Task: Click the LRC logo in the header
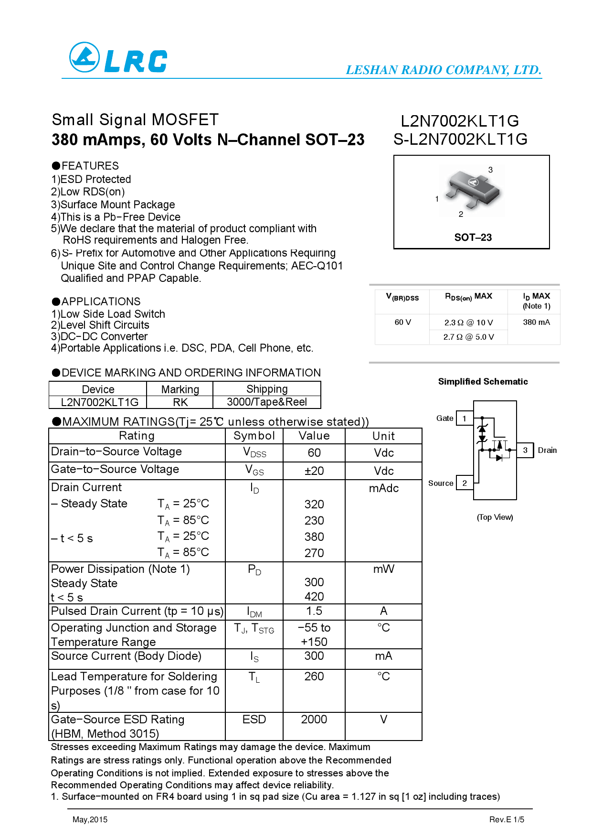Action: (118, 58)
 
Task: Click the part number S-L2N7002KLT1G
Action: (460, 139)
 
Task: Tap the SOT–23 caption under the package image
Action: (473, 237)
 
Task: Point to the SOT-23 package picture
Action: (472, 190)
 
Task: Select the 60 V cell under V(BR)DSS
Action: (402, 322)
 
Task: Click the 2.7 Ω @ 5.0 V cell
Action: (468, 337)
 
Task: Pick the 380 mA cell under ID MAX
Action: (536, 322)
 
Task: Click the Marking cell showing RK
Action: (180, 402)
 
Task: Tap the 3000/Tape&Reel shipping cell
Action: (266, 402)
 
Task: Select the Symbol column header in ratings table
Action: (254, 436)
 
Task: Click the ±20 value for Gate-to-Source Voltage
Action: (314, 471)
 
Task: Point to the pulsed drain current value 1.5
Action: (314, 611)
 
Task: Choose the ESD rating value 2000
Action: (314, 720)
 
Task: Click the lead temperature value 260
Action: (314, 677)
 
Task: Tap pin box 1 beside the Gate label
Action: (464, 419)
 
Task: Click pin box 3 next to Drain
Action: (525, 450)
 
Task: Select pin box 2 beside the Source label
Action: (465, 483)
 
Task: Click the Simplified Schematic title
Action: (483, 382)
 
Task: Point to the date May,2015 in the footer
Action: (90, 820)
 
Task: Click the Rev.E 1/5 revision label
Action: (507, 820)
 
